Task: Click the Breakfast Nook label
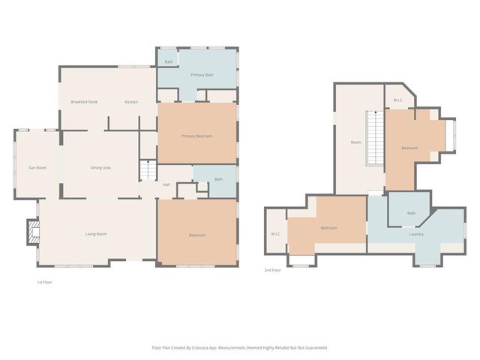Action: (x=84, y=101)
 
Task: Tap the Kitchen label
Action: (x=131, y=101)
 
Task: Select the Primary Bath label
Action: (x=202, y=75)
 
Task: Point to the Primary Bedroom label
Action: (x=196, y=136)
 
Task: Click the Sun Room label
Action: (x=37, y=167)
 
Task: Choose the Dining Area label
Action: (x=100, y=167)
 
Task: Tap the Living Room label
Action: (x=96, y=234)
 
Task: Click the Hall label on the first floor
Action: (x=166, y=184)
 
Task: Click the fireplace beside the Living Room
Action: (x=32, y=232)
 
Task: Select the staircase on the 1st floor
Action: (x=148, y=173)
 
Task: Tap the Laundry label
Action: (x=416, y=235)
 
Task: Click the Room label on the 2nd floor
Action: (x=356, y=142)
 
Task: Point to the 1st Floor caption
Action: (x=44, y=282)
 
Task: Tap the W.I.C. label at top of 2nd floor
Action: (x=398, y=101)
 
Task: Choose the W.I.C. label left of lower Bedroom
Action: (x=275, y=235)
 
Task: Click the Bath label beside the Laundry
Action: (x=411, y=214)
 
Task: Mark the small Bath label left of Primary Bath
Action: (x=169, y=61)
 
